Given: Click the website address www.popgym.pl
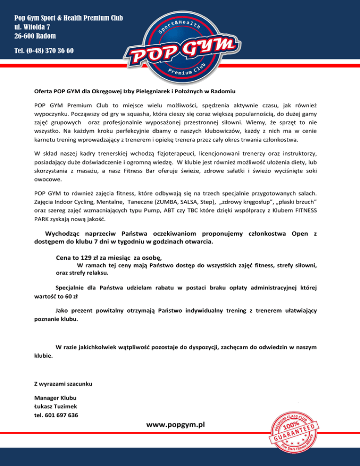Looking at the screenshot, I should (x=175, y=424).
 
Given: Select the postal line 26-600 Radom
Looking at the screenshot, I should (x=35, y=36).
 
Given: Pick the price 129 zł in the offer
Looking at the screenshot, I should (x=91, y=257).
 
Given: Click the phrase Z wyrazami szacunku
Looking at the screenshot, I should (x=63, y=384).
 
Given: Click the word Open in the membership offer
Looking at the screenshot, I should (x=300, y=233).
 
